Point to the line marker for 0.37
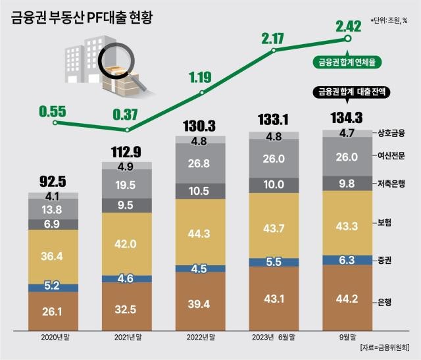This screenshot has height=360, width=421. tap(127, 129)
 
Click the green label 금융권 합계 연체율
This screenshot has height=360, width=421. tap(346, 63)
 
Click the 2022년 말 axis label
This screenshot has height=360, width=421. tap(201, 338)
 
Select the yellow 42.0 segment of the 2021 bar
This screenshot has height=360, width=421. tap(126, 244)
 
